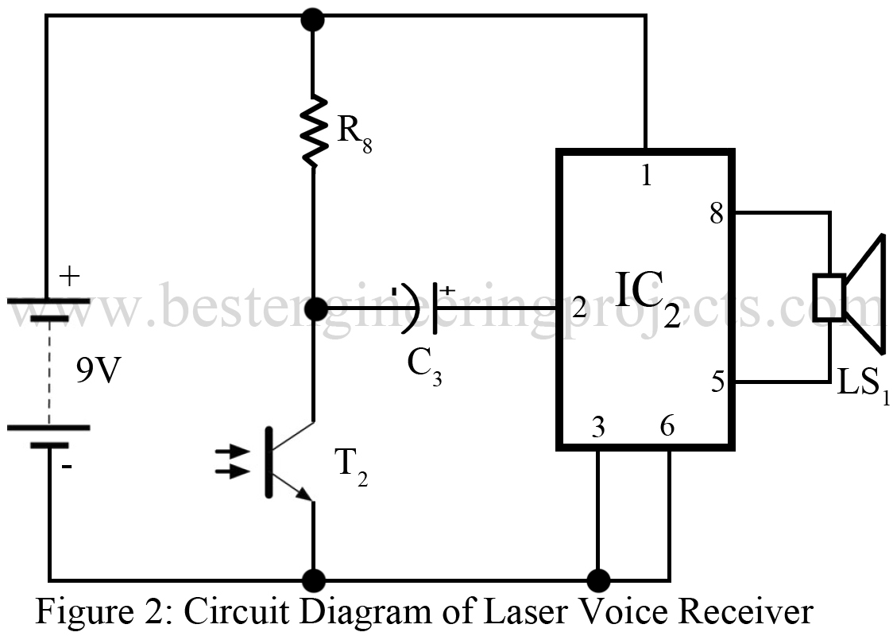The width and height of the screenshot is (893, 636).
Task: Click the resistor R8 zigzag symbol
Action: click(x=313, y=130)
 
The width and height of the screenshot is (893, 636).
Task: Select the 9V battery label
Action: click(x=97, y=372)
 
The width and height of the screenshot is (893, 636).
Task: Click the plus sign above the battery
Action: click(x=70, y=277)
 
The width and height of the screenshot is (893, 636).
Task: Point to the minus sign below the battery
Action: click(x=66, y=467)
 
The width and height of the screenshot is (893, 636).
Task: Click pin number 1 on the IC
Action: click(x=646, y=176)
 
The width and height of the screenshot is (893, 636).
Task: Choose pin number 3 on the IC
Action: click(x=597, y=428)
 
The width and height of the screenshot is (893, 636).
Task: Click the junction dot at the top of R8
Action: click(x=313, y=18)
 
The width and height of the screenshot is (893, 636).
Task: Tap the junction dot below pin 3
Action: click(x=597, y=579)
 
